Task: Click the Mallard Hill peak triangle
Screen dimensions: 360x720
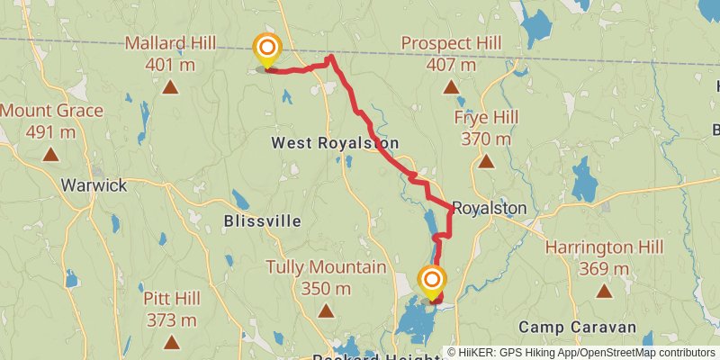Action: (170, 87)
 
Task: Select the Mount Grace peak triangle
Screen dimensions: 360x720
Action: (50, 155)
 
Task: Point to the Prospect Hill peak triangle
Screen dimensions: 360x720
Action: (451, 87)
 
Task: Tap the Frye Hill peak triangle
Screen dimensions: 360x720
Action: (485, 162)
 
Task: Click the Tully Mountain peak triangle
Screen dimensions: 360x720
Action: (326, 311)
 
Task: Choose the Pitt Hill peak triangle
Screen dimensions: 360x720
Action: (170, 341)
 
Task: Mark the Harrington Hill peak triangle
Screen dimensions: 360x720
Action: (604, 291)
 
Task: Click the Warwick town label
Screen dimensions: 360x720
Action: (94, 185)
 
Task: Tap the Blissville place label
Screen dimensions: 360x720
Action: (263, 220)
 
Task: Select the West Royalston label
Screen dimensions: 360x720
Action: (335, 143)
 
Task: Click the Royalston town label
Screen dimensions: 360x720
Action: (489, 208)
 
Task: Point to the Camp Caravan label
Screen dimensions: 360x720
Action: (577, 327)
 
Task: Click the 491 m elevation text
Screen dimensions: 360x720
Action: (51, 132)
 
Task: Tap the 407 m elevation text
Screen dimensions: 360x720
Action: (451, 65)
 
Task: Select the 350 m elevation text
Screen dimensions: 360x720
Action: (326, 289)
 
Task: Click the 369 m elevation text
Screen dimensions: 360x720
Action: (604, 268)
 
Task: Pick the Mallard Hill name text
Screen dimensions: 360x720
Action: (170, 43)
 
